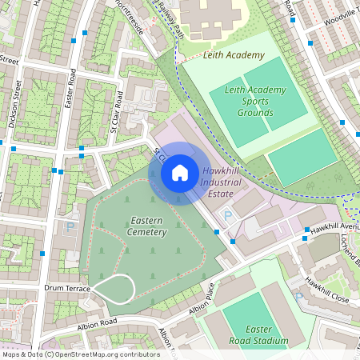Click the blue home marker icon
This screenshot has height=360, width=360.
[180, 173]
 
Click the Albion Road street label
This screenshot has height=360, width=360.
[97, 322]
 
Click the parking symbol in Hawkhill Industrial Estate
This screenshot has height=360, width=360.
[227, 214]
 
